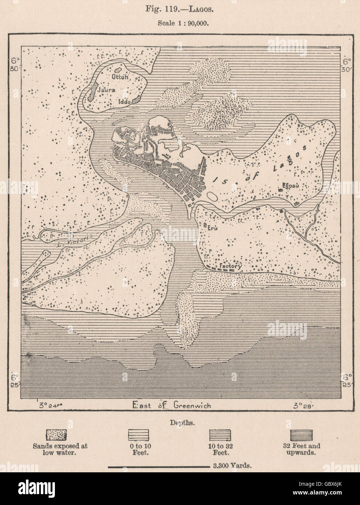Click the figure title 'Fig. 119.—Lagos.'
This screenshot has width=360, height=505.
click(180, 9)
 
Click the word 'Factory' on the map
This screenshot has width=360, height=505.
click(231, 266)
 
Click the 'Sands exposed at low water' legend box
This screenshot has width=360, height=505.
click(56, 435)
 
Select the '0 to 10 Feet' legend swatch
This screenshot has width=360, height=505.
click(139, 435)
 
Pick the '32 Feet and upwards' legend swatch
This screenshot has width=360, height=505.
click(301, 435)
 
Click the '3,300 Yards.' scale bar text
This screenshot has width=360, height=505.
click(230, 465)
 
